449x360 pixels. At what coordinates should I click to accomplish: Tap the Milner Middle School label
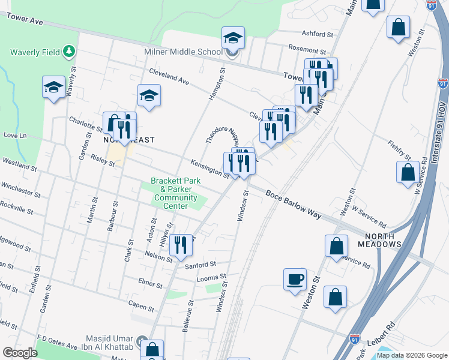(x=184, y=52)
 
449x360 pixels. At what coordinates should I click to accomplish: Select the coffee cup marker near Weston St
(x=295, y=280)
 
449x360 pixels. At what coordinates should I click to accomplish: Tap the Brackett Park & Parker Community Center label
(x=174, y=193)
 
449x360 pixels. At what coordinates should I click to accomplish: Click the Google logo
(x=20, y=353)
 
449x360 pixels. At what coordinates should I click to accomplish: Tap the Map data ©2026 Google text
(x=412, y=355)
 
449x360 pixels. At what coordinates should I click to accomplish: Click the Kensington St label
(x=209, y=169)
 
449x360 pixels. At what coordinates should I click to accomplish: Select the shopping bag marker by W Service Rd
(x=408, y=172)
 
